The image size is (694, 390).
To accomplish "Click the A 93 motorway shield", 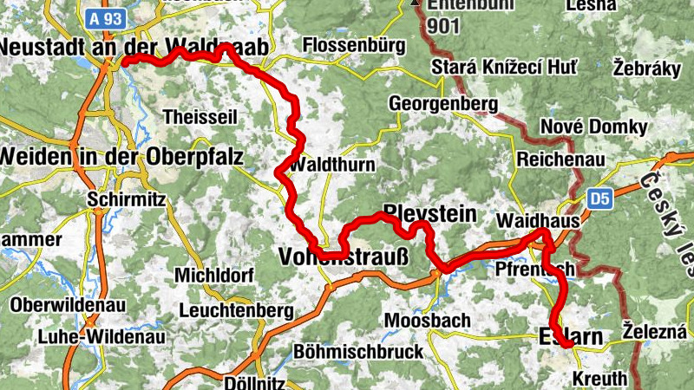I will [107, 16].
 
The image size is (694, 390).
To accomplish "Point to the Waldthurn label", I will [334, 165].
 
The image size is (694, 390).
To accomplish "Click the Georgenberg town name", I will [443, 105].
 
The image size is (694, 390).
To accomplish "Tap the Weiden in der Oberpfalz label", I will [121, 157].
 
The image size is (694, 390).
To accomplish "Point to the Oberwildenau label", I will [69, 306].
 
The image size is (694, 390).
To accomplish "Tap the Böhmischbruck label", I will [359, 351].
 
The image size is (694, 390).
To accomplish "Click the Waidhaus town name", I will [536, 221].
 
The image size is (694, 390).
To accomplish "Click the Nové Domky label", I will [593, 127].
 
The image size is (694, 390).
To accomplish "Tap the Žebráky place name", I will [647, 68].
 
